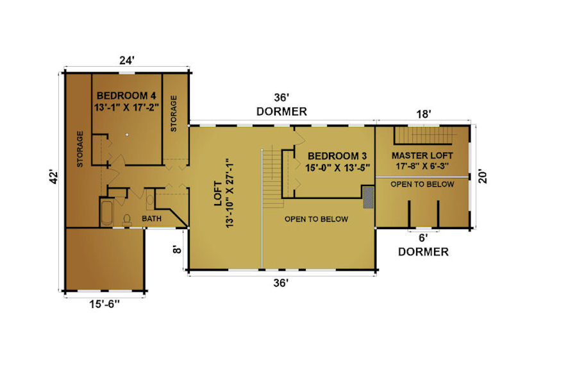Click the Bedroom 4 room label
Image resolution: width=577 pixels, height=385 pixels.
coord(126,96)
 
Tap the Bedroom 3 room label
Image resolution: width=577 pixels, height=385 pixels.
coord(337,156)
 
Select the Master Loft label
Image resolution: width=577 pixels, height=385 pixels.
coord(422,155)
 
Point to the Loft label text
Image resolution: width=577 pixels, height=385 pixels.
coord(218,193)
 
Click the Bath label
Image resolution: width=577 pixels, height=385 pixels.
coord(151,218)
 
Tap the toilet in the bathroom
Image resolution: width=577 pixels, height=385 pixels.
coord(127,219)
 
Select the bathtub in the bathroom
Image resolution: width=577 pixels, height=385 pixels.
coord(106,213)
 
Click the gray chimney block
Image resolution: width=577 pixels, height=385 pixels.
coord(368,198)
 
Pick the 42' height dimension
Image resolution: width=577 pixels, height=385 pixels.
coord(54,177)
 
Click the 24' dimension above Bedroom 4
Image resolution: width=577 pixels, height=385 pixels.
coord(126,60)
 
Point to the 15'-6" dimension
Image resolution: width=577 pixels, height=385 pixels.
coord(105,304)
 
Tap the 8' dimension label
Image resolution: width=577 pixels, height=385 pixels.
coord(177,250)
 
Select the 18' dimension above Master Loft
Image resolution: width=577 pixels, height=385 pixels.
coord(423,114)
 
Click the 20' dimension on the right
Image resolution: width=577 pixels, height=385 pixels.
coord(482,176)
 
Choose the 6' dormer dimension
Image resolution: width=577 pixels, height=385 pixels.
coord(423,238)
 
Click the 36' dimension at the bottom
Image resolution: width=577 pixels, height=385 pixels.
coord(281,283)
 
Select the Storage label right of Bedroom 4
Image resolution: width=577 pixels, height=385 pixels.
coord(174,114)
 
